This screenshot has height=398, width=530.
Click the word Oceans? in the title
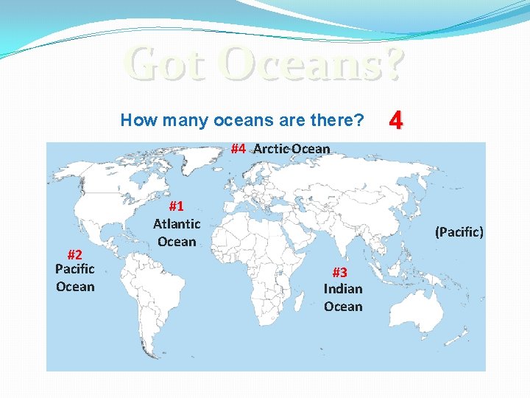[x=315, y=64]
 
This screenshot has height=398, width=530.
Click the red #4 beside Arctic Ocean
[x=238, y=148]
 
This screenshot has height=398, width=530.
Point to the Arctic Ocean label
[x=291, y=149]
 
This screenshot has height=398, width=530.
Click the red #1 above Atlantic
[x=177, y=206]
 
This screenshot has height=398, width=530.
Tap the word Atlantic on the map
[x=177, y=223]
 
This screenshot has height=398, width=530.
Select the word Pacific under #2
[x=75, y=269]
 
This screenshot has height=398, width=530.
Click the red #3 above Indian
[x=343, y=271]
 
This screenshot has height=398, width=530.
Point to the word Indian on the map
[x=343, y=288]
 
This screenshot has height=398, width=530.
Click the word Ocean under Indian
[x=343, y=306]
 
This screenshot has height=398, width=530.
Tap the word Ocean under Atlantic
[x=177, y=241]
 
